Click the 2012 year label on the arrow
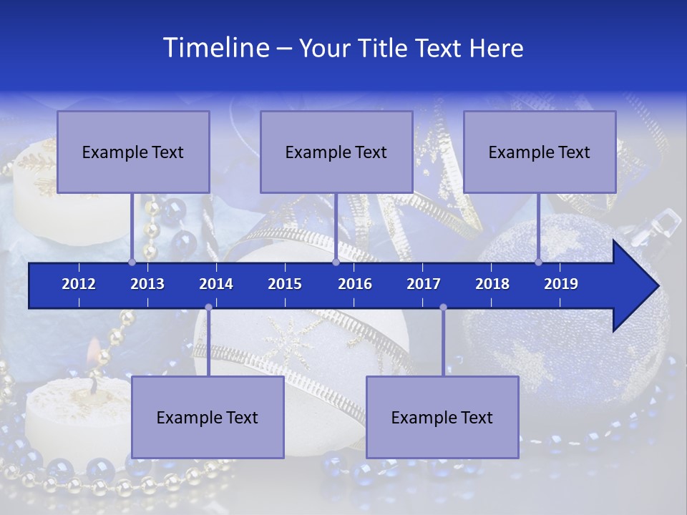pos(79,284)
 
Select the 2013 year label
pos(147,284)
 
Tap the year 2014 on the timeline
pos(216,284)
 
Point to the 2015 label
pos(285,284)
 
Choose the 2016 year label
pos(355,284)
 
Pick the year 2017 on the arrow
pos(424,284)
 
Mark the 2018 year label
pos(492,284)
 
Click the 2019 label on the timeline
pos(561,284)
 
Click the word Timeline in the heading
pos(215,48)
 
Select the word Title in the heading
pos(384,49)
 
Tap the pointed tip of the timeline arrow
pos(657,286)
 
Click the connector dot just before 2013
pos(132,263)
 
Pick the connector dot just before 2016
pos(336,263)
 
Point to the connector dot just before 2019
pos(538,263)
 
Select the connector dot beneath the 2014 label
pos(208,308)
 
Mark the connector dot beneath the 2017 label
pos(443,308)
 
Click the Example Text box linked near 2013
pos(133,152)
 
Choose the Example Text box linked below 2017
pos(442,417)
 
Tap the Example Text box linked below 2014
pos(208,417)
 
